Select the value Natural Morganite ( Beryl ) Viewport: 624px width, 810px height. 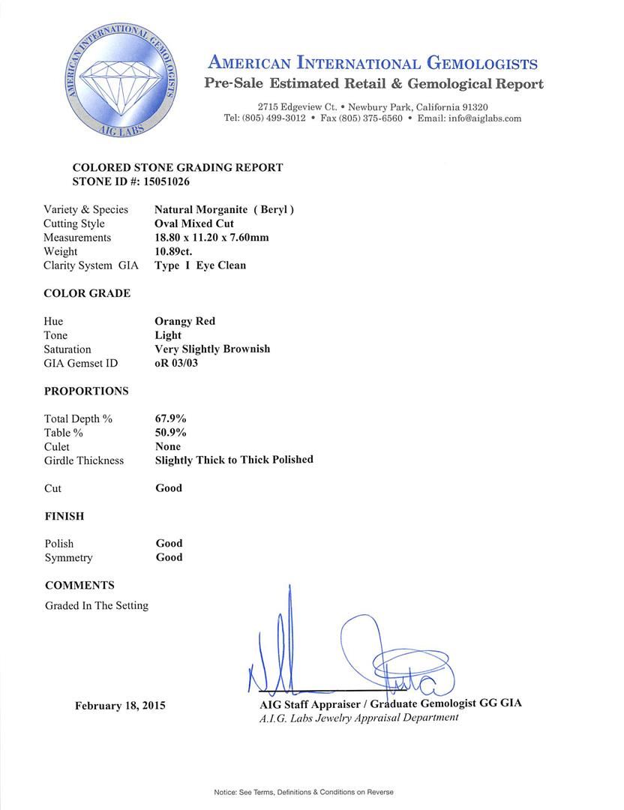pos(224,210)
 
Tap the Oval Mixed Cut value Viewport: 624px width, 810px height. pos(194,223)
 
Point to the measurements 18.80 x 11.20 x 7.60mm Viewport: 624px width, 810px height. pos(211,238)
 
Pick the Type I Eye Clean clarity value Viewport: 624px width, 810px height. pos(200,265)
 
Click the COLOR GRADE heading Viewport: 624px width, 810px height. pos(87,293)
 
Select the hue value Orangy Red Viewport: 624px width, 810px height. pos(185,321)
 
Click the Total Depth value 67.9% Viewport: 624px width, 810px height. pos(171,418)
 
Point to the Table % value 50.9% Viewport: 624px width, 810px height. pos(171,433)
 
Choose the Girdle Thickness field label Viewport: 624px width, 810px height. pos(84,460)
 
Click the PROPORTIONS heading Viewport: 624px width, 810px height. pos(86,391)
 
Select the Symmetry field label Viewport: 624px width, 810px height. pos(69,557)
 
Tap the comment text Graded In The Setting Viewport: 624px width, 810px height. pos(96,605)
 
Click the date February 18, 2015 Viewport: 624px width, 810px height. pos(120,706)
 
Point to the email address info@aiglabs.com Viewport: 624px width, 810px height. pos(484,118)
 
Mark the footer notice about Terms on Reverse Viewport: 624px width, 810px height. pos(304,792)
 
